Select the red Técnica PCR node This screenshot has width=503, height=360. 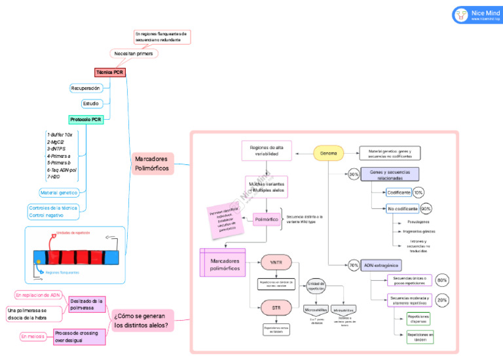click(x=109, y=73)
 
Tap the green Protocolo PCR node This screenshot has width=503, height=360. click(x=86, y=119)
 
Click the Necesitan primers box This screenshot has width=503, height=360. click(x=133, y=54)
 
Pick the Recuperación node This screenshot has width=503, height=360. click(x=86, y=88)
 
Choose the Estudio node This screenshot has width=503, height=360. click(x=90, y=103)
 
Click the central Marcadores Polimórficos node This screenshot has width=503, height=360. click(x=151, y=164)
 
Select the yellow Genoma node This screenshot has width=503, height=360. click(x=329, y=154)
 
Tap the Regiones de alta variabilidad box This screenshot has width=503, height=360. click(x=267, y=151)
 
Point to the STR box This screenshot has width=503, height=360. click(x=276, y=306)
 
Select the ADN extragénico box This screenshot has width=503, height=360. click(x=381, y=266)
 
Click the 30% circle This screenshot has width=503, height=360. click(x=354, y=175)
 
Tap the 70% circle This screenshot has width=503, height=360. click(x=354, y=266)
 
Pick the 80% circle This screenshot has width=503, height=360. click(x=442, y=280)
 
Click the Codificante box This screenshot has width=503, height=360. click(x=399, y=192)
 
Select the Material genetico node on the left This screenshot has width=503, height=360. click(x=59, y=192)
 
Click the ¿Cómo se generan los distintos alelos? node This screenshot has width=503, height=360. click(x=142, y=321)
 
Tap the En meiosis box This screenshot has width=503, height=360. click(x=33, y=336)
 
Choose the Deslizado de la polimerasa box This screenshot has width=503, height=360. click(x=87, y=304)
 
